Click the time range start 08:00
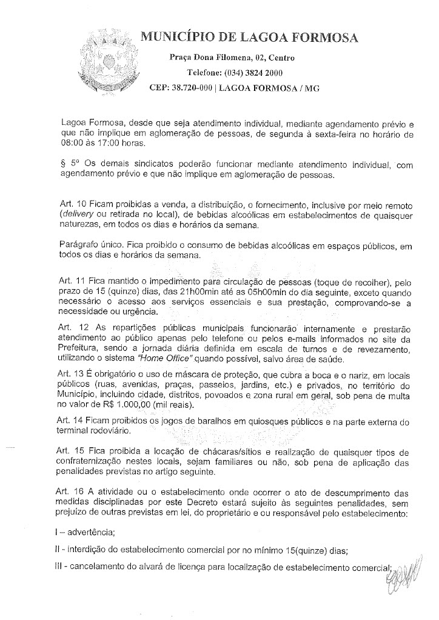coord(76,144)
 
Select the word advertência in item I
coord(94,534)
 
